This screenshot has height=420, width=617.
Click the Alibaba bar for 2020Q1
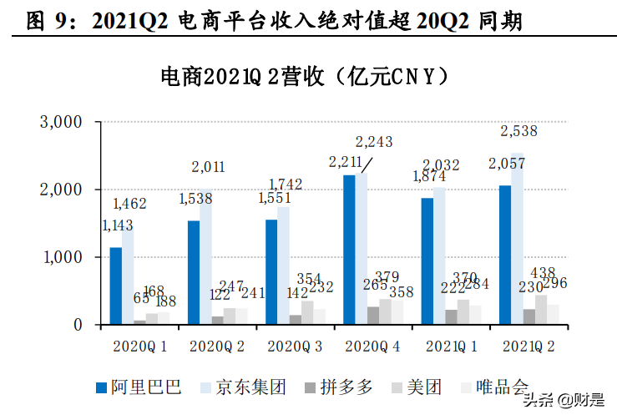115,286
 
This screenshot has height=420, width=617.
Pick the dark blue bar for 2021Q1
427,261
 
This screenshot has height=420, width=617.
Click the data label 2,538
518,131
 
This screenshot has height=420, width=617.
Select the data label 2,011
208,167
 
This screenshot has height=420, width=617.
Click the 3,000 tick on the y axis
61,122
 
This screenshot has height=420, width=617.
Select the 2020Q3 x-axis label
293,346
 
